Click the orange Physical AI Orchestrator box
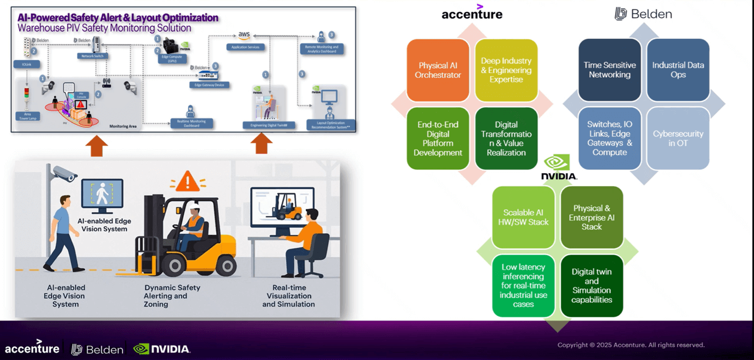click(438, 70)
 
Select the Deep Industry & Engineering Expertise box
click(506, 70)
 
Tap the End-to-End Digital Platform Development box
click(438, 138)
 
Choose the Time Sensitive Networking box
click(609, 70)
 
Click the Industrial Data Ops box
click(677, 70)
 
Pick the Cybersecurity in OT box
click(677, 138)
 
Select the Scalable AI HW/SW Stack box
click(525, 217)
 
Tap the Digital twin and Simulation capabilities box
click(591, 286)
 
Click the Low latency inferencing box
click(523, 286)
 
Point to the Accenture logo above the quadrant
click(472, 13)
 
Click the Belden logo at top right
click(643, 14)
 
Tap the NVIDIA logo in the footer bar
click(162, 349)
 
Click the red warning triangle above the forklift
click(187, 181)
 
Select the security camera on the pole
click(64, 173)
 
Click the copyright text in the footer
click(631, 345)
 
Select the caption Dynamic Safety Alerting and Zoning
click(172, 296)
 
